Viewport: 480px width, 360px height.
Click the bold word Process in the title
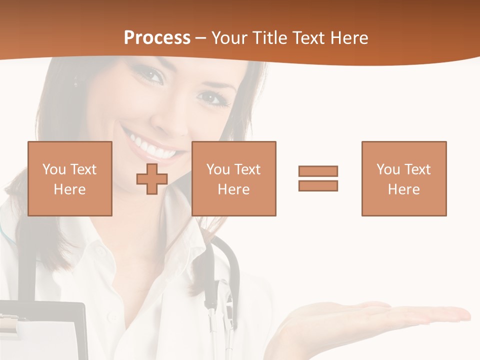click(x=157, y=38)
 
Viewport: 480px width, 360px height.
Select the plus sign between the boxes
click(x=152, y=178)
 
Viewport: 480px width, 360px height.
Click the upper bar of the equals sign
click(x=318, y=171)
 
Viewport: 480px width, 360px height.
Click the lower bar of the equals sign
click(x=318, y=185)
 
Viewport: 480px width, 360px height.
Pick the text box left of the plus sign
click(x=69, y=178)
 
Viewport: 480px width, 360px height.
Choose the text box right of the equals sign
click(x=403, y=178)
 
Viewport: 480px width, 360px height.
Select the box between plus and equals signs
click(x=233, y=178)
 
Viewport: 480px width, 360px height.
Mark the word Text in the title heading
click(x=308, y=38)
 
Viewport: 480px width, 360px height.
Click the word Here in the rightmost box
click(x=403, y=189)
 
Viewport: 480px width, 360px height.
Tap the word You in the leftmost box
click(x=53, y=169)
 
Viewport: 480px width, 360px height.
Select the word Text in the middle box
click(x=247, y=169)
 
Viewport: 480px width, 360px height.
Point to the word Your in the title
click(x=229, y=38)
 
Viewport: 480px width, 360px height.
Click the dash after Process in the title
click(x=201, y=38)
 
